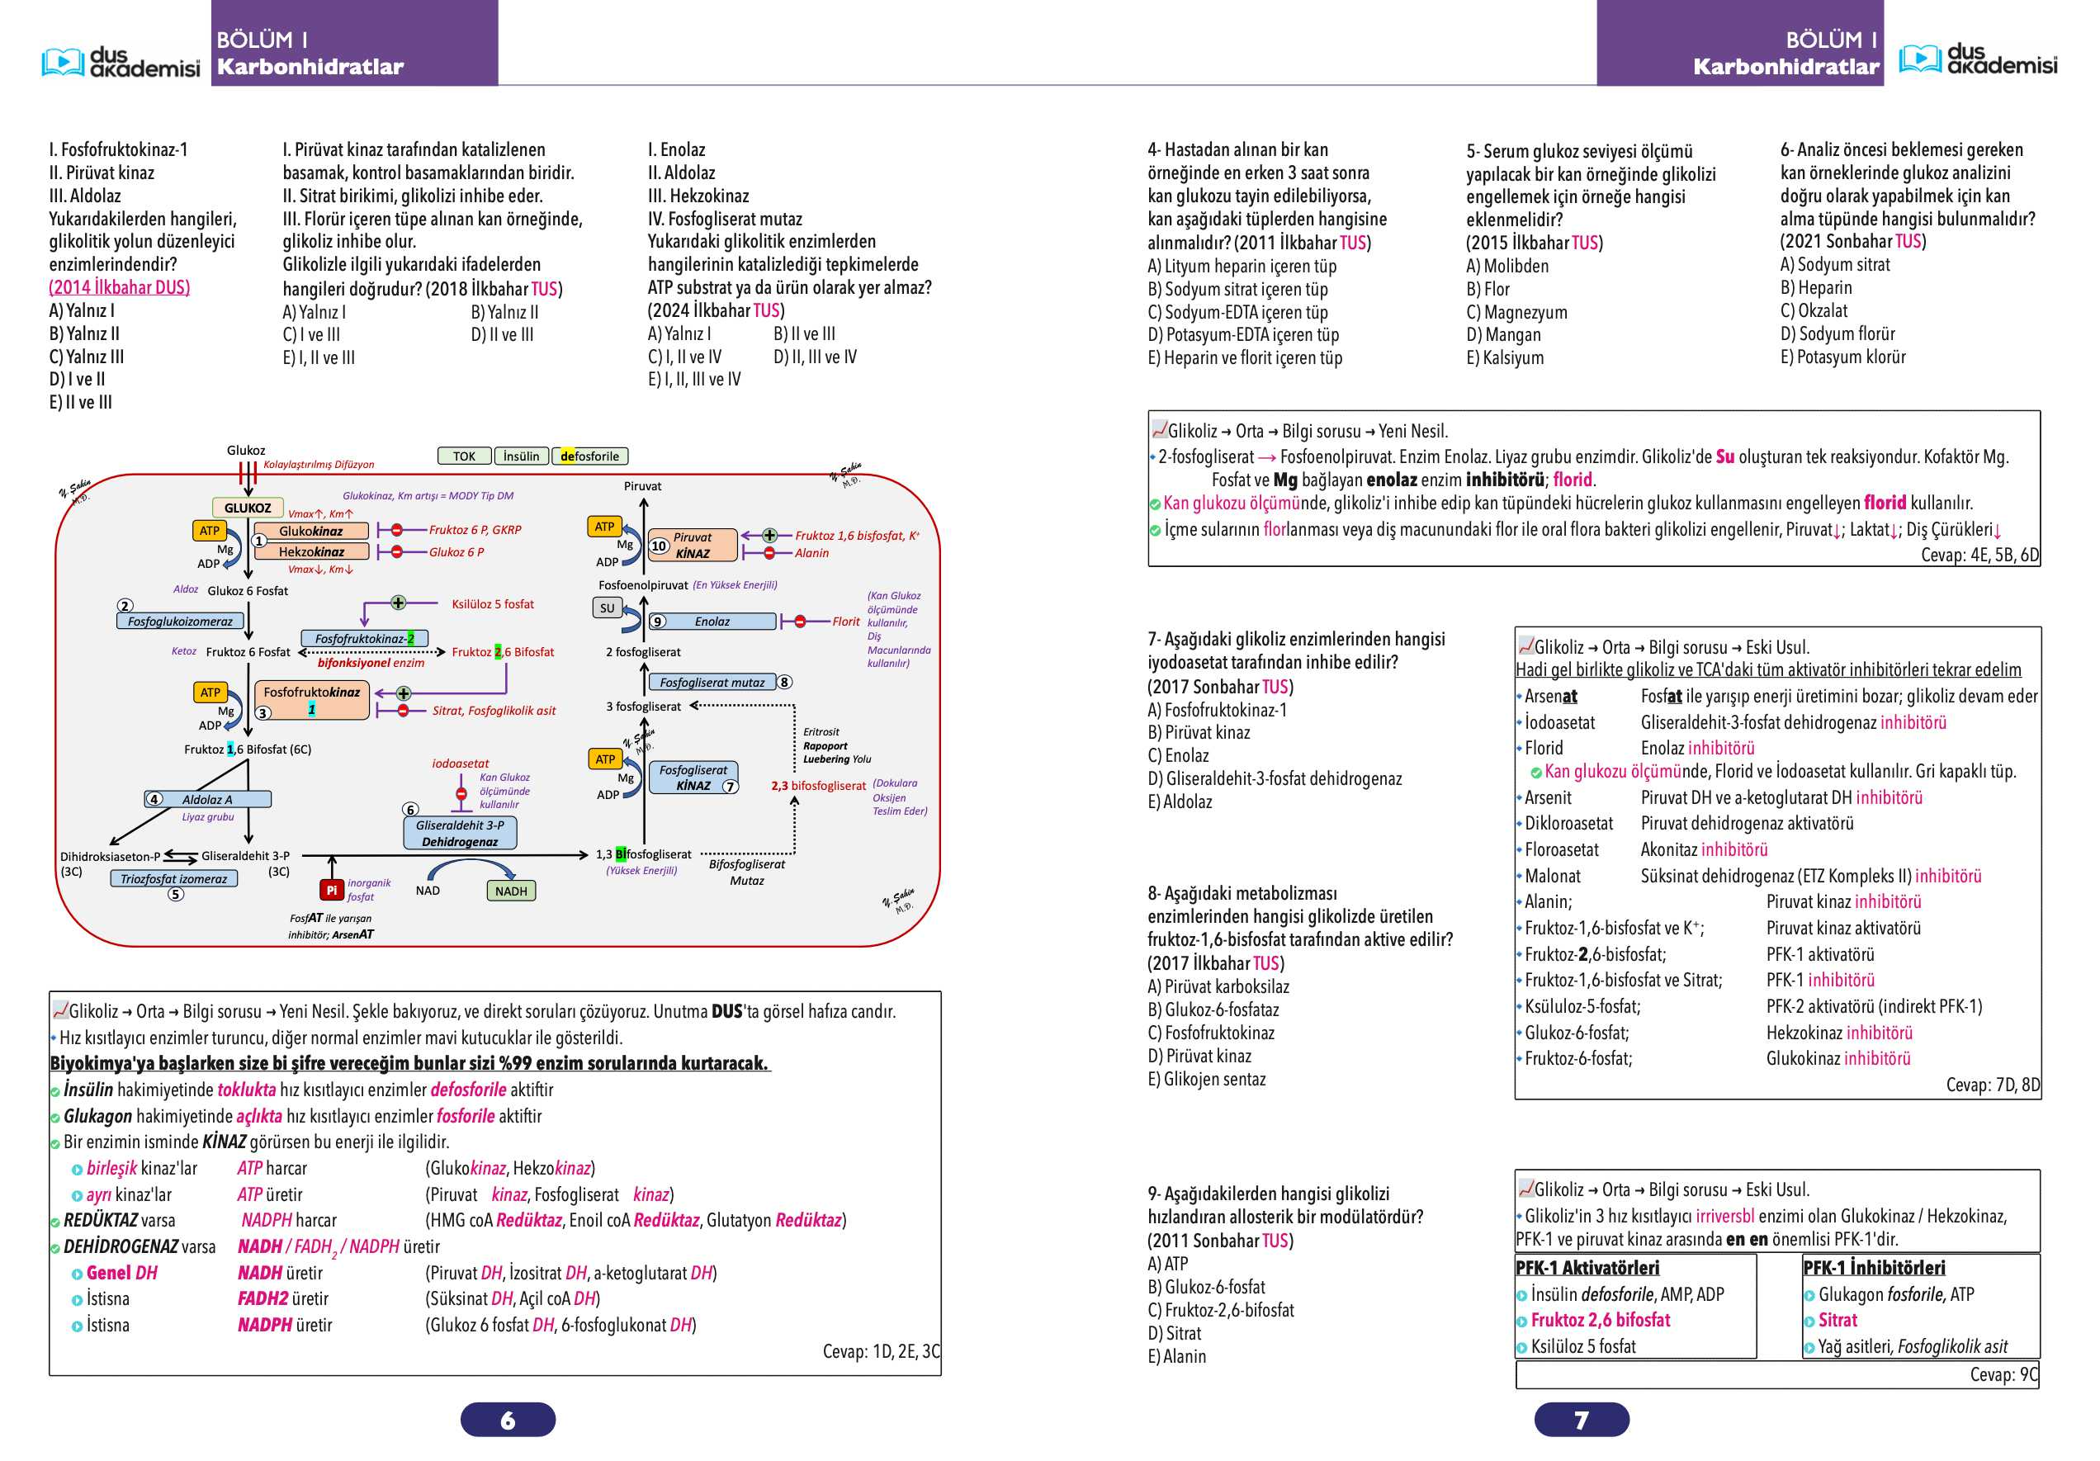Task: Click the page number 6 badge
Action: [x=508, y=1419]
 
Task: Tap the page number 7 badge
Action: [x=1582, y=1419]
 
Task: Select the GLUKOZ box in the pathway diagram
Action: [x=247, y=508]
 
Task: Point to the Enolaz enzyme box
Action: [x=712, y=622]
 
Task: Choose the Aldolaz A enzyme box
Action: [x=208, y=799]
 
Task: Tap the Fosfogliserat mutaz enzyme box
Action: [x=712, y=683]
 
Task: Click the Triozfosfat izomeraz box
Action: [x=174, y=878]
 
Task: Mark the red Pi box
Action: [x=331, y=889]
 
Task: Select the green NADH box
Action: [x=510, y=891]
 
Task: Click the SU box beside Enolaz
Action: [x=608, y=608]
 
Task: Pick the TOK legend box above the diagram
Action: [x=465, y=456]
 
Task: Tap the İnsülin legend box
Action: [x=522, y=456]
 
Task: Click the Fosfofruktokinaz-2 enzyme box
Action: [x=364, y=639]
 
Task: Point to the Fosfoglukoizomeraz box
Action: [x=180, y=622]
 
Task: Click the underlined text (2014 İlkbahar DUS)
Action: [x=119, y=287]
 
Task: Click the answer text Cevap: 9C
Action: [x=2004, y=1374]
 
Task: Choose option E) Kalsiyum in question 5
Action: [x=1505, y=357]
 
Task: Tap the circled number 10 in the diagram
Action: [x=659, y=546]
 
